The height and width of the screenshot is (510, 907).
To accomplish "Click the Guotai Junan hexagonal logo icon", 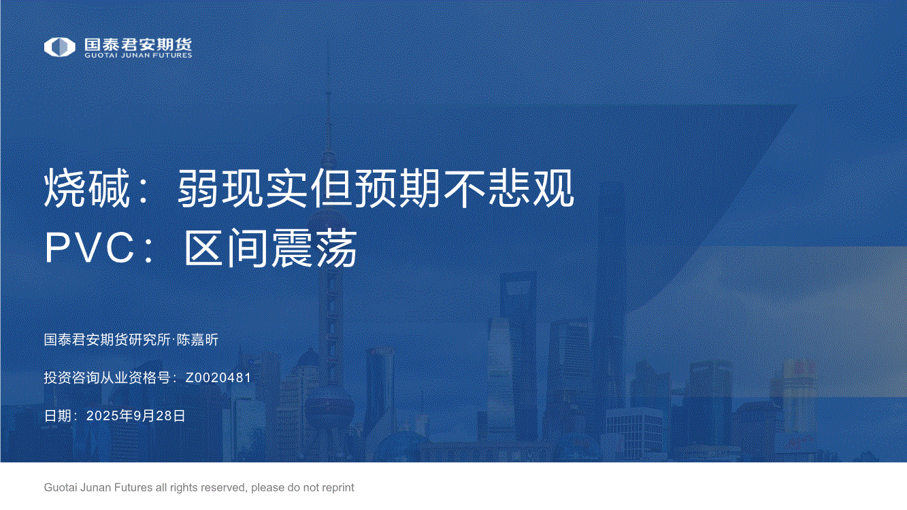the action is click(x=59, y=47).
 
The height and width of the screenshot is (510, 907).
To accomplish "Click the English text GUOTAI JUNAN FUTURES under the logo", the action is click(x=138, y=56).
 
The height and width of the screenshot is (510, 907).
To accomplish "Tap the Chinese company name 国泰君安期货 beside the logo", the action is click(x=138, y=44).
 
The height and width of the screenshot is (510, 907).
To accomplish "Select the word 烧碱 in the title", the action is click(x=86, y=188).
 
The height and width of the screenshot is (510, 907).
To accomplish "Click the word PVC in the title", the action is click(x=89, y=248).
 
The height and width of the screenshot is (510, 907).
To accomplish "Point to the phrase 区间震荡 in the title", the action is click(x=271, y=248).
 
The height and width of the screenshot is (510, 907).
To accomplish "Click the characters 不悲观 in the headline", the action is click(x=509, y=188).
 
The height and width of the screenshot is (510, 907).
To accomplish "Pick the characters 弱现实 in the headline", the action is click(x=242, y=188).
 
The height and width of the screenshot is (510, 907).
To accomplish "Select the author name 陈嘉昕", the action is click(x=197, y=339).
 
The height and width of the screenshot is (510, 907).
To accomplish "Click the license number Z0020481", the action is click(x=218, y=377).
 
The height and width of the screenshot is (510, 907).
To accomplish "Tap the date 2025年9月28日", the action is click(x=135, y=415).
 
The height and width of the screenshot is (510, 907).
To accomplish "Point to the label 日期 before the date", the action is click(x=58, y=415).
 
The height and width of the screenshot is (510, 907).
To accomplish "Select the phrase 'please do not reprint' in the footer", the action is click(x=303, y=488).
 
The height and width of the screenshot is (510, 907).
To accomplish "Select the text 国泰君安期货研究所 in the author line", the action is click(x=108, y=339).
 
